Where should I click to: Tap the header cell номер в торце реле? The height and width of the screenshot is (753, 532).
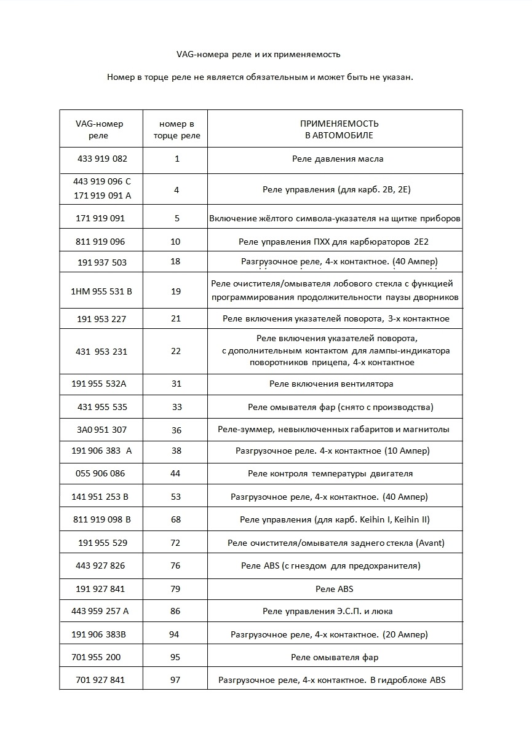[176, 129]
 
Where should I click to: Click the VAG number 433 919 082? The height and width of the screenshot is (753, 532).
[102, 159]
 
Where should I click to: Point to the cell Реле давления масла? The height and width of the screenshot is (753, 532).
[338, 159]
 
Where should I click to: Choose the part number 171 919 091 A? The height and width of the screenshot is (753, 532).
[102, 196]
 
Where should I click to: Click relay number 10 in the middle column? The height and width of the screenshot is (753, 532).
[176, 242]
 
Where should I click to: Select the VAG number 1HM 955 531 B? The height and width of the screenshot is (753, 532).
[101, 291]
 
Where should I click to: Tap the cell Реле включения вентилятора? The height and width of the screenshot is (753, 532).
[332, 384]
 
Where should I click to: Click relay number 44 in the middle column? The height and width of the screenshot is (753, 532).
[176, 473]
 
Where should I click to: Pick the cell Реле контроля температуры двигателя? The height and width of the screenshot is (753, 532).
[330, 473]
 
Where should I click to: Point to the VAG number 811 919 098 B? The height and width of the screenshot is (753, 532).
[102, 519]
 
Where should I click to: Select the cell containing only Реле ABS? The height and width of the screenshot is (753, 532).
[335, 589]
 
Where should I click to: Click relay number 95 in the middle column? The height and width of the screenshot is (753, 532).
[175, 657]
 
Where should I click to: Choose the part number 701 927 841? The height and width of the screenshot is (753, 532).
[100, 680]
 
